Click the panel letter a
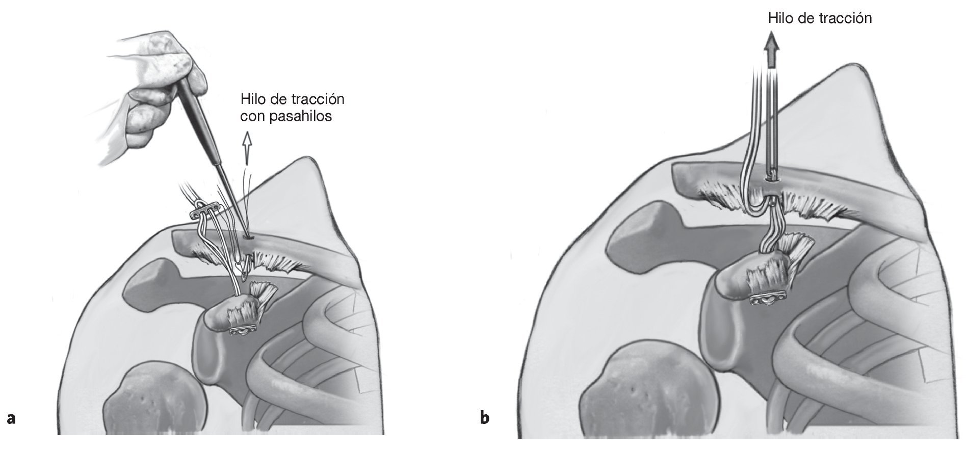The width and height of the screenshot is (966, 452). (11, 419)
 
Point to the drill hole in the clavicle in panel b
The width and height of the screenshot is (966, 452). (771, 178)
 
